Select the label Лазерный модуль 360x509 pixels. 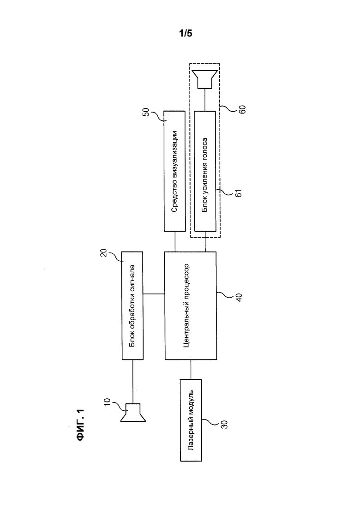(191, 419)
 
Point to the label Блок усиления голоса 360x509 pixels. (205, 172)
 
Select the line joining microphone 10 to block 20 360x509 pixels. (133, 381)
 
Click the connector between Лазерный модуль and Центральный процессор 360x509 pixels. (191, 369)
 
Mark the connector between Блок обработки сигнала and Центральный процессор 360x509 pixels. (154, 294)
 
